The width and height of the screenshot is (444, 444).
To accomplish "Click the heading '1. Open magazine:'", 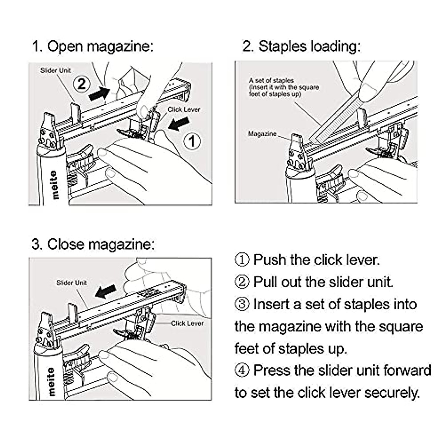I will pos(92,47).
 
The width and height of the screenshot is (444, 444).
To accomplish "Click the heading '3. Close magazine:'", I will pos(93,245).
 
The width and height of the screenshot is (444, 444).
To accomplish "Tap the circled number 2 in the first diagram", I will pos(81,84).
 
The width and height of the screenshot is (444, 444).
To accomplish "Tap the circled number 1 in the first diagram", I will pos(192,141).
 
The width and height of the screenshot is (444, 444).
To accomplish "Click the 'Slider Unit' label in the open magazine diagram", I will pos(55,70).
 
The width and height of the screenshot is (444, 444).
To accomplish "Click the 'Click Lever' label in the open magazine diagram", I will pos(184,110).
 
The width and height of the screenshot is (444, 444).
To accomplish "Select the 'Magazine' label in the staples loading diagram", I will pos(262,134).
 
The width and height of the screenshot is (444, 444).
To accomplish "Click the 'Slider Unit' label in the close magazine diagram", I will pos(71,283).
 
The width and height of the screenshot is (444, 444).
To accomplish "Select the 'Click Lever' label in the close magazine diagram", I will pos(187,323).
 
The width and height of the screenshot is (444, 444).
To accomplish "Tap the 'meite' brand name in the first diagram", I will pos(54,185).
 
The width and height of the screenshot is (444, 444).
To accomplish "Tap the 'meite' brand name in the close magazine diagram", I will pos(51,381).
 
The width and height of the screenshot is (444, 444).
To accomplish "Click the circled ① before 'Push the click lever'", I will pos(242,260).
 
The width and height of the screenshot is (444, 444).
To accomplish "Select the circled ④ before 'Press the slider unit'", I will pos(242,370).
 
